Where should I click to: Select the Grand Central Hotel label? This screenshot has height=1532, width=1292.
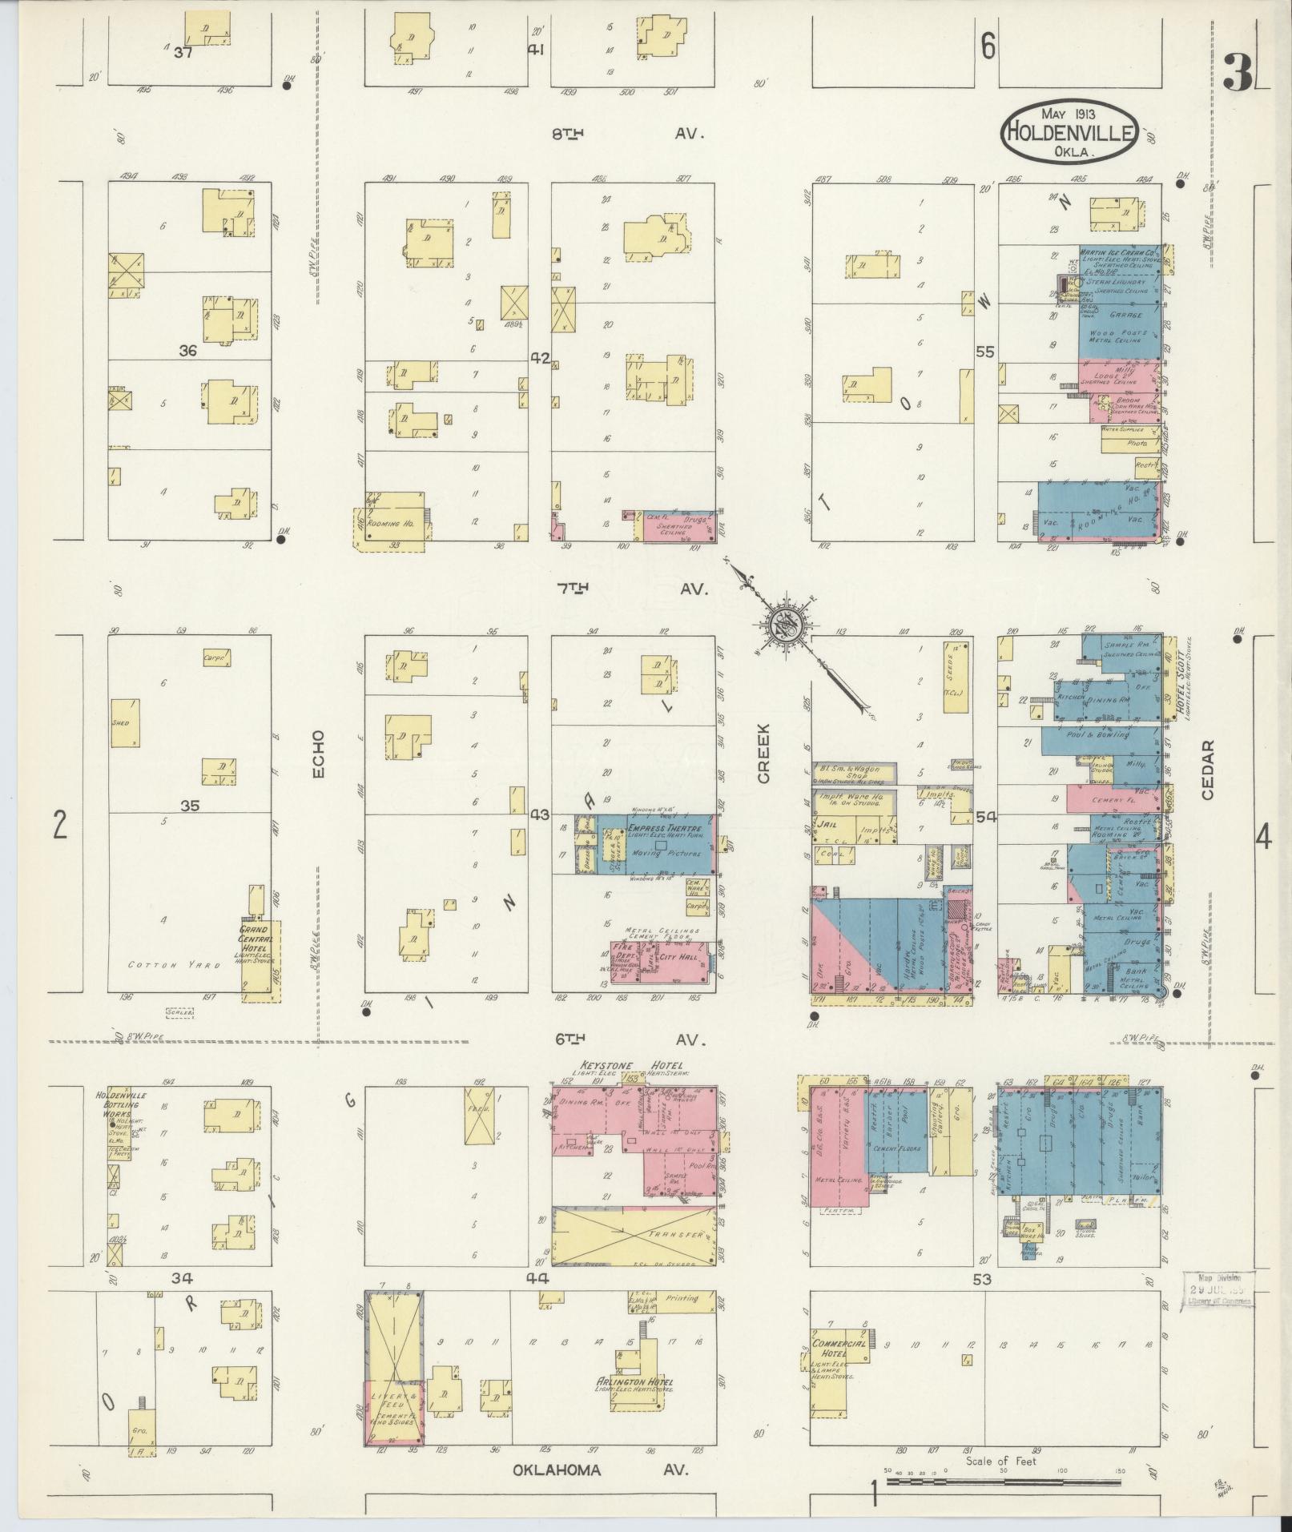point(256,937)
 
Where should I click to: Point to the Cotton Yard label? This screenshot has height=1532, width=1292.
point(174,966)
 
